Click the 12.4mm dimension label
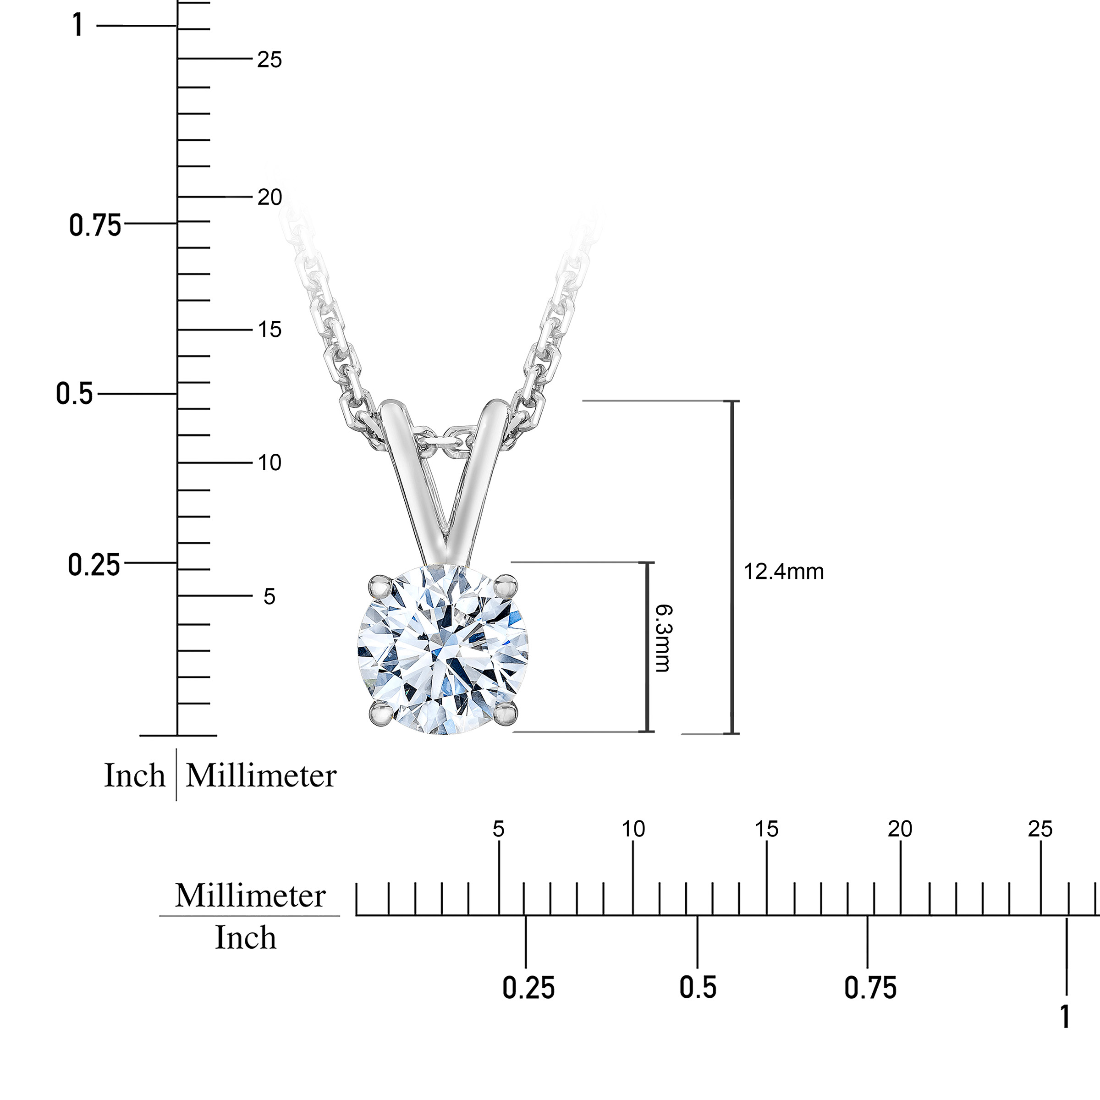(783, 571)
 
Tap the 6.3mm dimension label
(663, 638)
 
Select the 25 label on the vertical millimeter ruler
(269, 59)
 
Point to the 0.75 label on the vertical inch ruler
(95, 225)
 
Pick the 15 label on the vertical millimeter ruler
(269, 330)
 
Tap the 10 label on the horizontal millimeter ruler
(633, 830)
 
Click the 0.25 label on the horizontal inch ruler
(528, 988)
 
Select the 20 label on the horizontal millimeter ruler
(900, 830)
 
